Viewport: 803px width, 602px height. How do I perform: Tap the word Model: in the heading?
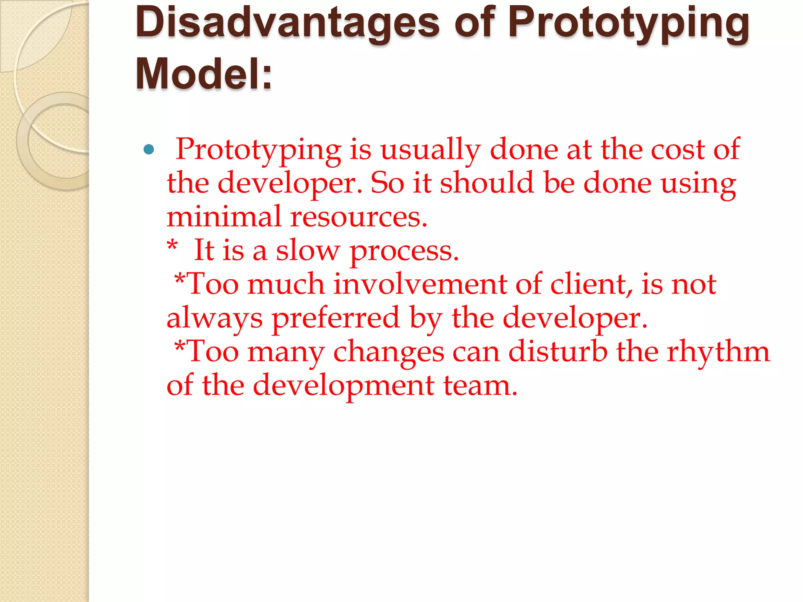point(204,74)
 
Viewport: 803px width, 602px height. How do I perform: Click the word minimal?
point(224,216)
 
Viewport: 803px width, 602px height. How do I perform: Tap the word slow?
point(308,250)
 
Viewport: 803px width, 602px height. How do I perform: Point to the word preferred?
point(336,318)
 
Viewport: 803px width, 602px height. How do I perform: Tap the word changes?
point(389,352)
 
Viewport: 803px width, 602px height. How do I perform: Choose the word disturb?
point(558,351)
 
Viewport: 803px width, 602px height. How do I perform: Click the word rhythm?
point(718,352)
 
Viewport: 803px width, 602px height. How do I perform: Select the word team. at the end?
point(480,385)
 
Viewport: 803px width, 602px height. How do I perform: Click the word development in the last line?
point(343,386)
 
